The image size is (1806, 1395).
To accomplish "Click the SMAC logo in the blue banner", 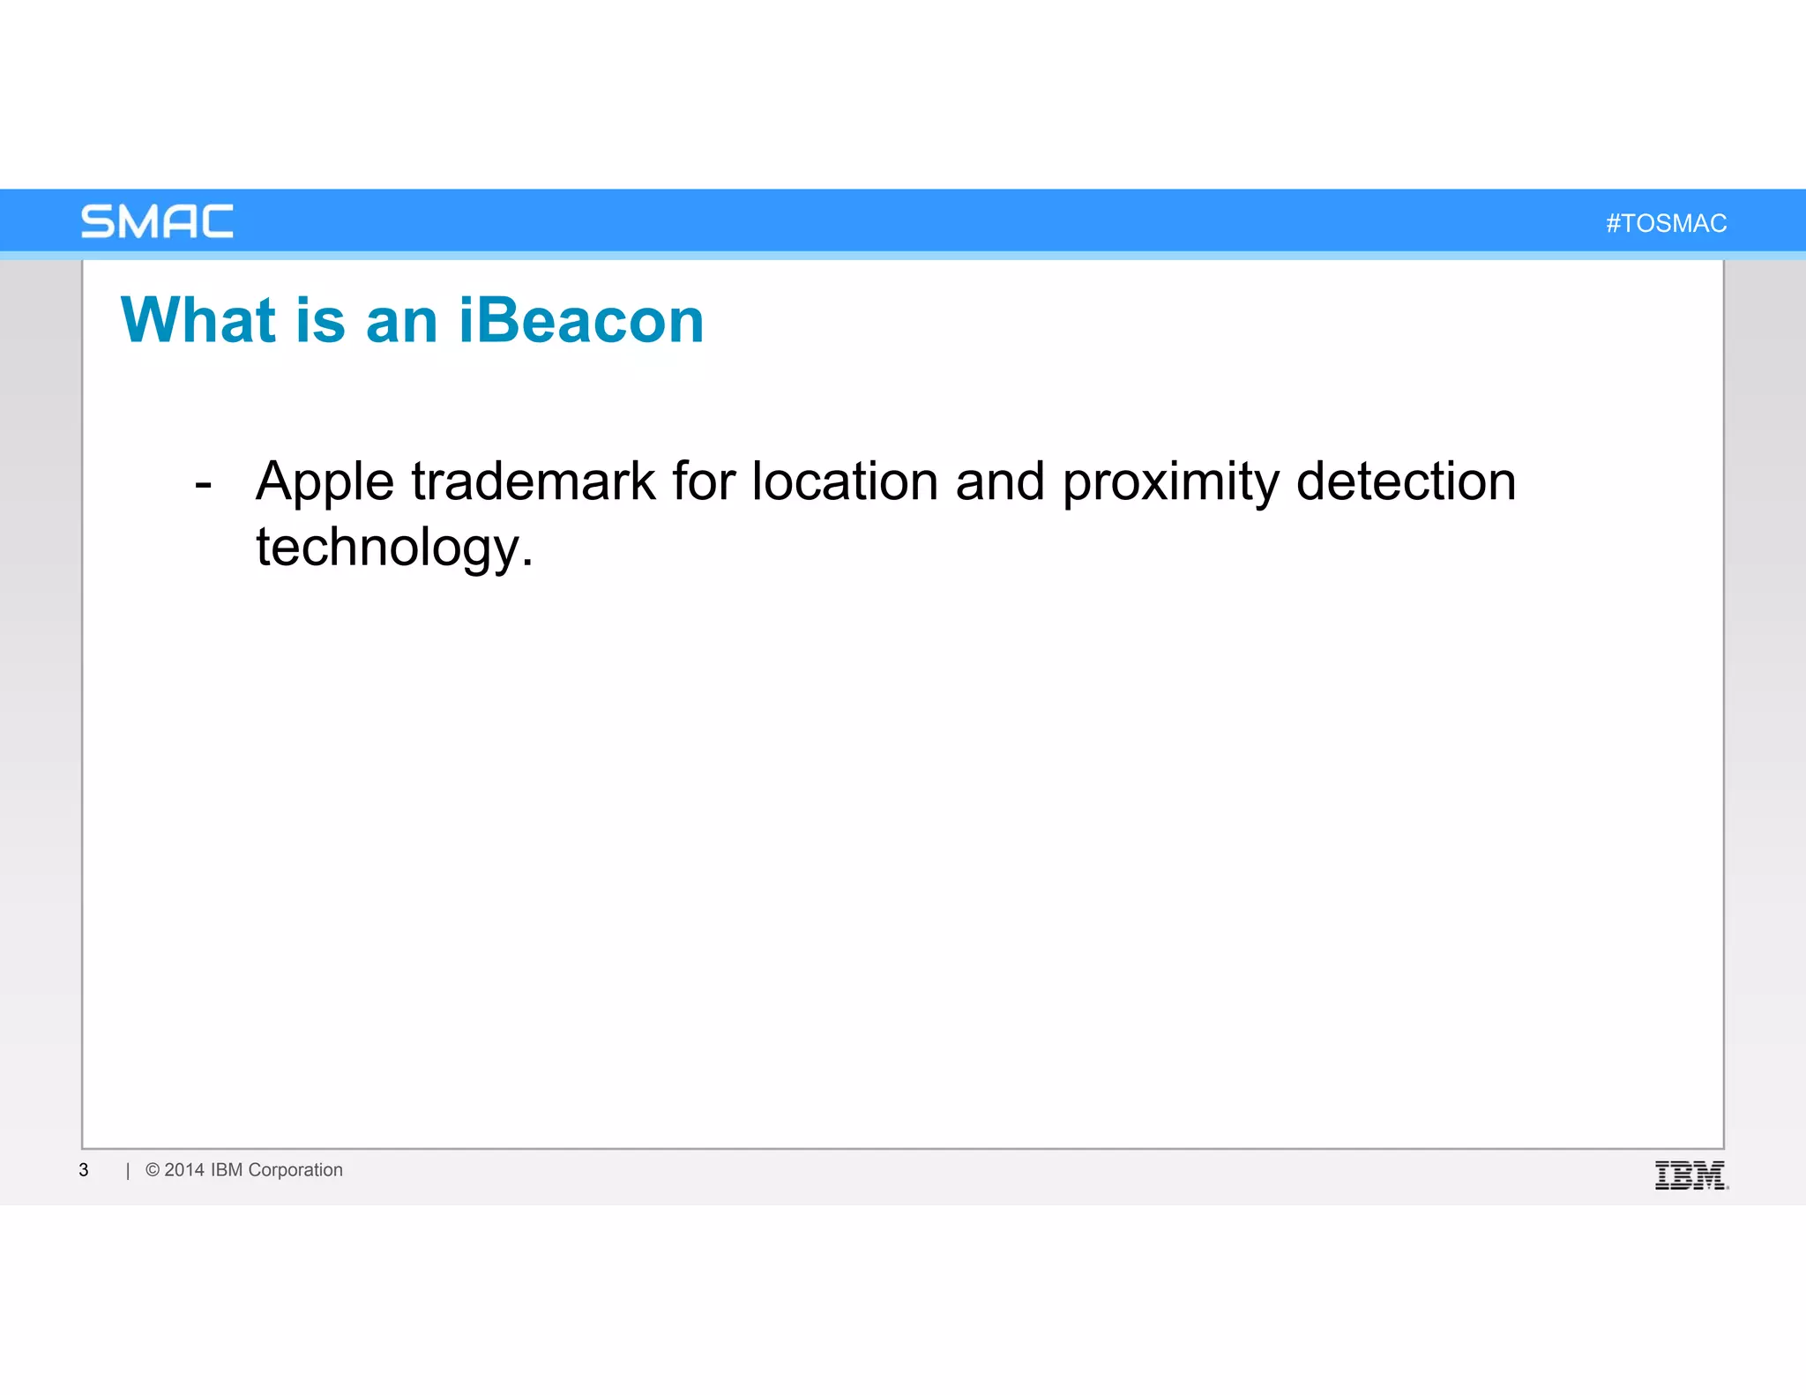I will (157, 221).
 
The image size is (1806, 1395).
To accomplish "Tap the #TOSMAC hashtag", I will (1666, 224).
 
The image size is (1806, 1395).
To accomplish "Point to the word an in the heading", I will (401, 322).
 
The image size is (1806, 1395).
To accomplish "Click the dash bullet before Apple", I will (204, 485).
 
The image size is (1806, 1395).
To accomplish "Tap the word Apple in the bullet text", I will (325, 483).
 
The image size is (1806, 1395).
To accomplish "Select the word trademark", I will (534, 481).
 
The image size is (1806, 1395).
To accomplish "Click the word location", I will (845, 481).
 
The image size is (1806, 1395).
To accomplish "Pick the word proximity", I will (1170, 483).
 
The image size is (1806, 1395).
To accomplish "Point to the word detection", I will (1406, 481).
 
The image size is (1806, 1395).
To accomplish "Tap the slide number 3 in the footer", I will (84, 1170).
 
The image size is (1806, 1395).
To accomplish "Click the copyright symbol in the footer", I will (153, 1170).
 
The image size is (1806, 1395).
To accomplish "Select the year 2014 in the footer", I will (184, 1170).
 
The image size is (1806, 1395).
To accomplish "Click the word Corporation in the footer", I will (295, 1170).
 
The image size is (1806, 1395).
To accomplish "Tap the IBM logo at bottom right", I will (1690, 1175).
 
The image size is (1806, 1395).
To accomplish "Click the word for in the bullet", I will (703, 481).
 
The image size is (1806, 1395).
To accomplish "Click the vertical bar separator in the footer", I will (128, 1171).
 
